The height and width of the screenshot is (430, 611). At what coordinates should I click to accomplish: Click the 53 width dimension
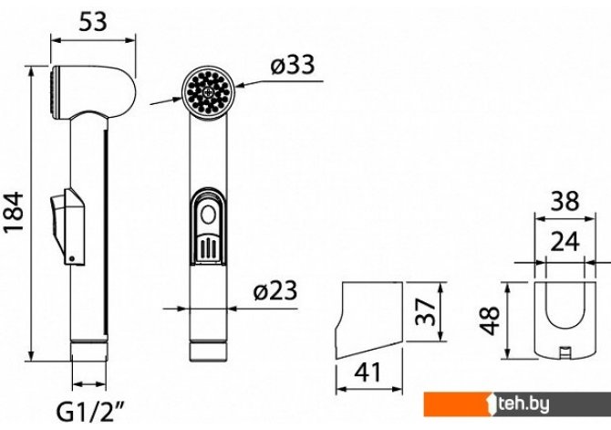pyautogui.click(x=93, y=22)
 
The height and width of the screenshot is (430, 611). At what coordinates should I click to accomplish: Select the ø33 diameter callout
pyautogui.click(x=293, y=65)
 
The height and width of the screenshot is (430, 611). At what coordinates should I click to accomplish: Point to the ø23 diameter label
pyautogui.click(x=275, y=290)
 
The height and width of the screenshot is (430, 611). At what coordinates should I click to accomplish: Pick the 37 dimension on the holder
pyautogui.click(x=425, y=311)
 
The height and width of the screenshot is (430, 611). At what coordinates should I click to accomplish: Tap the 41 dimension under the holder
pyautogui.click(x=368, y=372)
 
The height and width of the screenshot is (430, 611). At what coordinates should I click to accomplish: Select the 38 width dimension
pyautogui.click(x=565, y=202)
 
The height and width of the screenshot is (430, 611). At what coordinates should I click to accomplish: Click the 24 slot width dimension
pyautogui.click(x=565, y=242)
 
